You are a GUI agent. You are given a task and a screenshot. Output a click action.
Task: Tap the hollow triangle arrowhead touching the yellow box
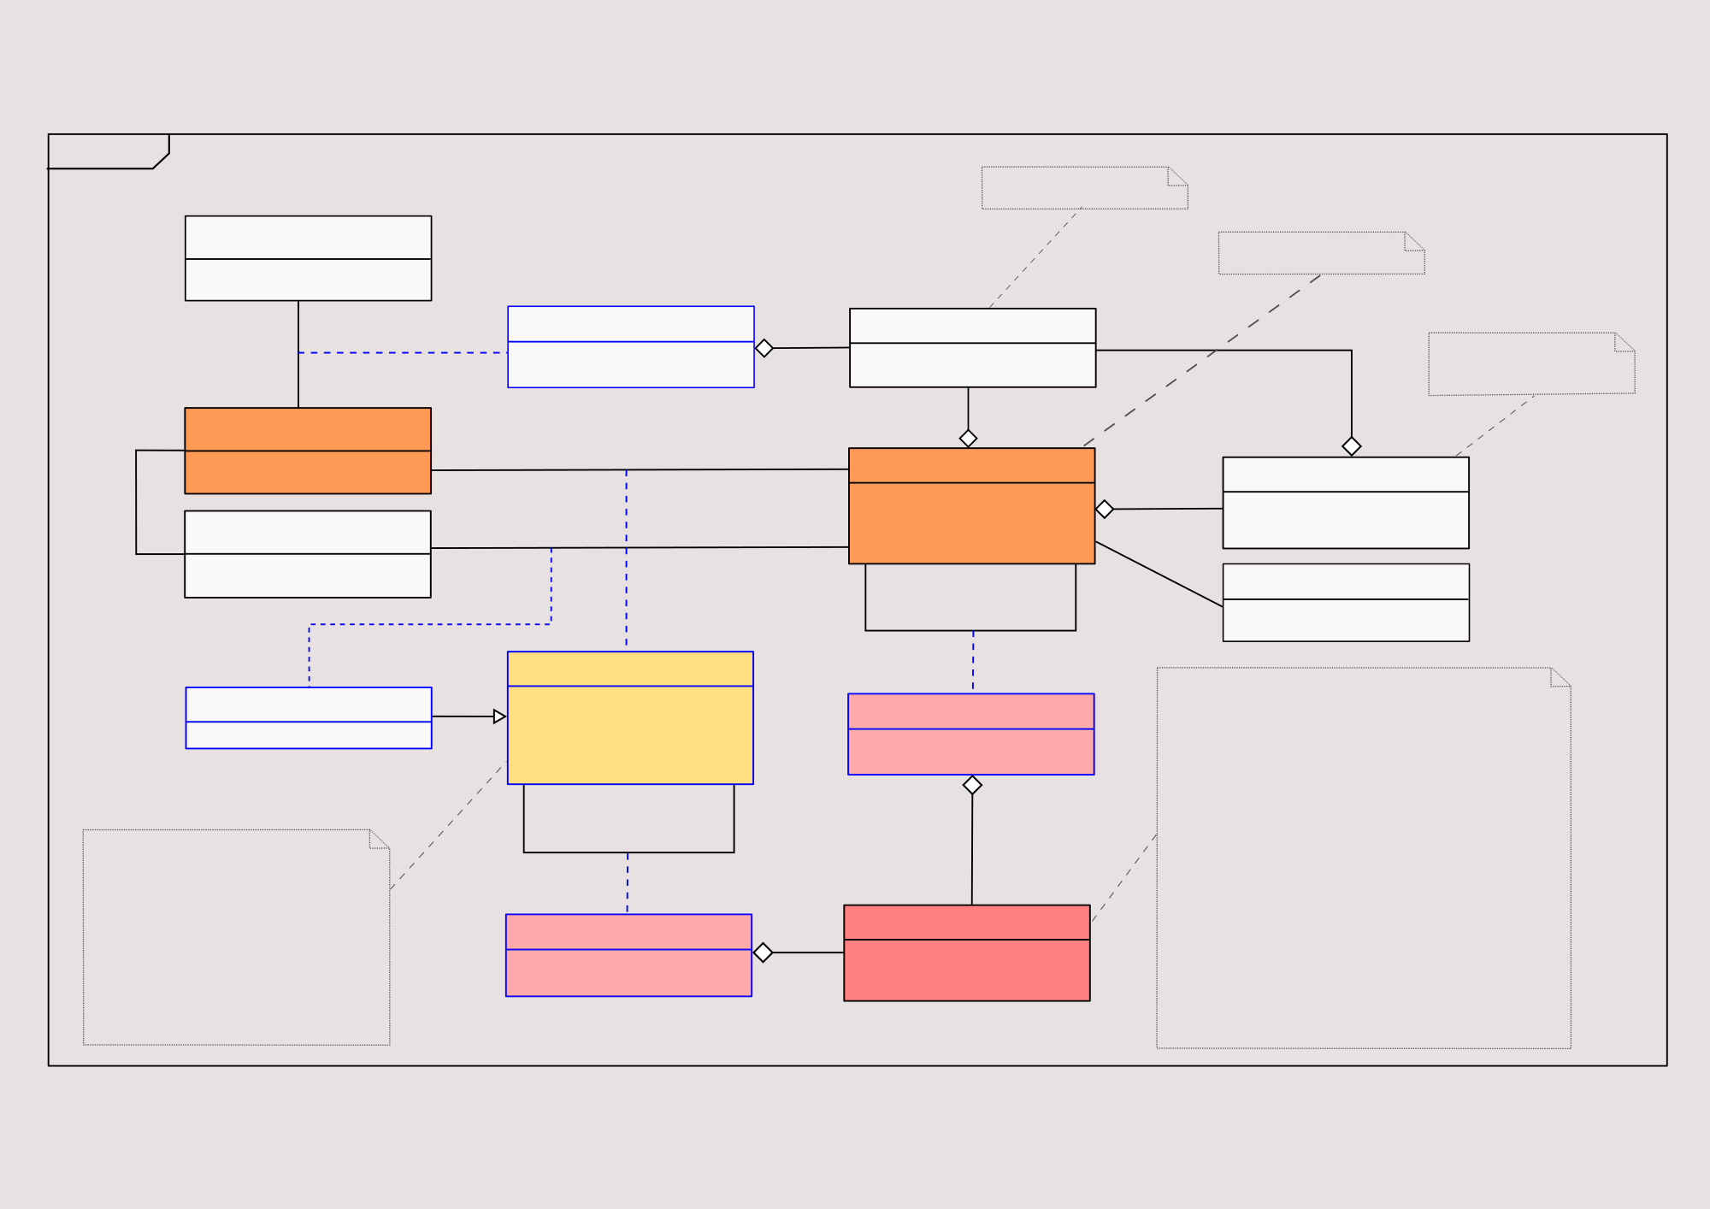(x=499, y=717)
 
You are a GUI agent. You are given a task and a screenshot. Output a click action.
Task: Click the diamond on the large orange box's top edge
(x=968, y=439)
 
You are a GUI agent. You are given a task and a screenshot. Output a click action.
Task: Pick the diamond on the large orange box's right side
(x=1105, y=510)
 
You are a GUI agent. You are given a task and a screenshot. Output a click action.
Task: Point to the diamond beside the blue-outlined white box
(x=764, y=348)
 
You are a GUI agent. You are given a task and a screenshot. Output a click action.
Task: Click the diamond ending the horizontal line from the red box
(x=764, y=952)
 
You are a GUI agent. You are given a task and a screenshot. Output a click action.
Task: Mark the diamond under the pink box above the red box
(x=972, y=785)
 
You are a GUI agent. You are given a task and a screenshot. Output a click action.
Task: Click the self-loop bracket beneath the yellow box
(x=628, y=851)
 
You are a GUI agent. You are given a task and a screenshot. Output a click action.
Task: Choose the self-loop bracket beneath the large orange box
(x=970, y=629)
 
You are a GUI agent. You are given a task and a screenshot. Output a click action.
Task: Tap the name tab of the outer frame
(x=107, y=151)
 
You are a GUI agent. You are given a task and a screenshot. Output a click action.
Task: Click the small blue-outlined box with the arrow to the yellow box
(x=309, y=718)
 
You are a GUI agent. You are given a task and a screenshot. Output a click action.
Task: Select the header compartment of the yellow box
(x=630, y=669)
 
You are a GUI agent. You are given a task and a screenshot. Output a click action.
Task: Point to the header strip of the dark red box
(x=966, y=923)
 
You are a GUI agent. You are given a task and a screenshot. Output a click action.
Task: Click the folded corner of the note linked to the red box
(x=1560, y=677)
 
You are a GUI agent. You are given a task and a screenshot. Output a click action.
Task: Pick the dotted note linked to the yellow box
(x=236, y=937)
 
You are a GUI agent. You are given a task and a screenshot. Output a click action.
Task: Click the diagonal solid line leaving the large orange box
(x=1159, y=574)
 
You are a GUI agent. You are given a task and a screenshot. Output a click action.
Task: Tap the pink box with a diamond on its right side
(x=628, y=955)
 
